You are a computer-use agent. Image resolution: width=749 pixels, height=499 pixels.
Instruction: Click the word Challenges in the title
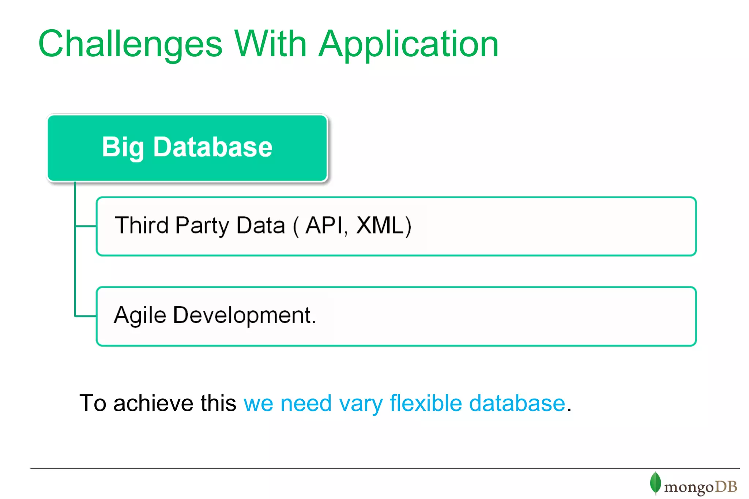(130, 45)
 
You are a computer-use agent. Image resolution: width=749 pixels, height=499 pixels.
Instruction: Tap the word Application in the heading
(409, 45)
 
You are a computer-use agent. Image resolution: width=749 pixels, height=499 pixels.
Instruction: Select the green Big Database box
(187, 148)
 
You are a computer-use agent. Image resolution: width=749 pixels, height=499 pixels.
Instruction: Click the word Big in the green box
(123, 147)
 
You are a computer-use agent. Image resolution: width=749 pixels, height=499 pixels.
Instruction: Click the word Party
(202, 226)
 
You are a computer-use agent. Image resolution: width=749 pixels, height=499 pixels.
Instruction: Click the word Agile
(140, 315)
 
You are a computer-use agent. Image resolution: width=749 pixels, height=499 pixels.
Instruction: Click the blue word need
(306, 403)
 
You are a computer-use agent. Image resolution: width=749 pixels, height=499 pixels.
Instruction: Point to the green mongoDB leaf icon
(655, 483)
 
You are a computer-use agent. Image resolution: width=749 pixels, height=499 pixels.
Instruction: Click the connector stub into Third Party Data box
(86, 226)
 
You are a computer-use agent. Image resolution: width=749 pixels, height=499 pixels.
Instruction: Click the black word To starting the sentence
(93, 403)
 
